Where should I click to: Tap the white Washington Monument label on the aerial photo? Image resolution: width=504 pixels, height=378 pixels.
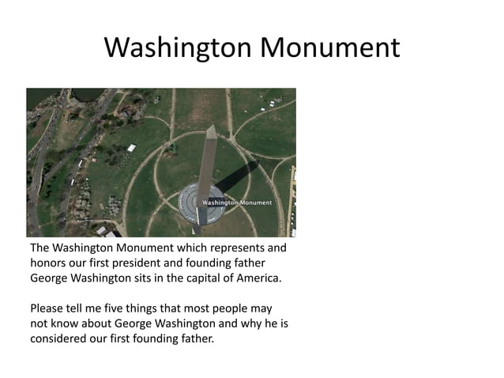(237, 202)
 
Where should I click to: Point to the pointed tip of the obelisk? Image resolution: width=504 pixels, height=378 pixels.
(211, 127)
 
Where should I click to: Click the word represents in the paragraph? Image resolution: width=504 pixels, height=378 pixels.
(230, 248)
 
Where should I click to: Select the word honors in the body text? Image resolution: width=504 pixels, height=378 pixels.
(49, 263)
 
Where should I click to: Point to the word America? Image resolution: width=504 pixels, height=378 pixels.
(257, 279)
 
